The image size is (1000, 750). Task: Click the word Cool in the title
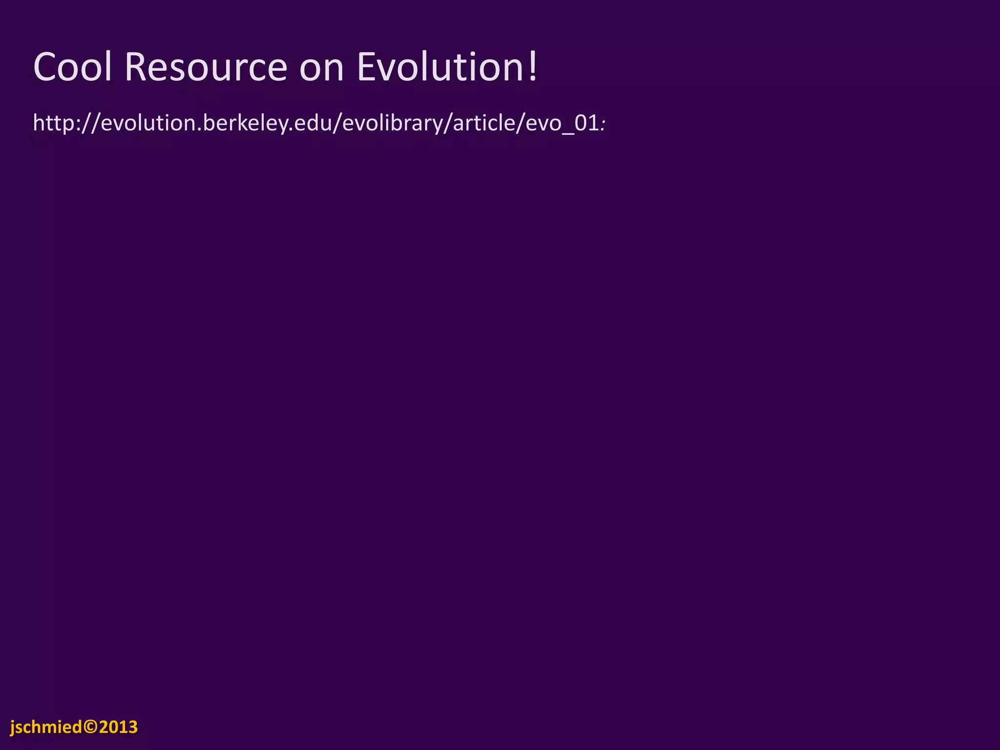click(73, 67)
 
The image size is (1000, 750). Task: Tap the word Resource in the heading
click(206, 67)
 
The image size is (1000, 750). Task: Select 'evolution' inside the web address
click(148, 123)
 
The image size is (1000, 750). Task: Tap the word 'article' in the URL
click(483, 123)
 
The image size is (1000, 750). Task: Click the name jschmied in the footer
click(46, 727)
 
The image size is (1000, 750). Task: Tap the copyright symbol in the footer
click(91, 727)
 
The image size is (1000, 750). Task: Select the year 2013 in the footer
click(118, 727)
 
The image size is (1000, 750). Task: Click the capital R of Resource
click(136, 67)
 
